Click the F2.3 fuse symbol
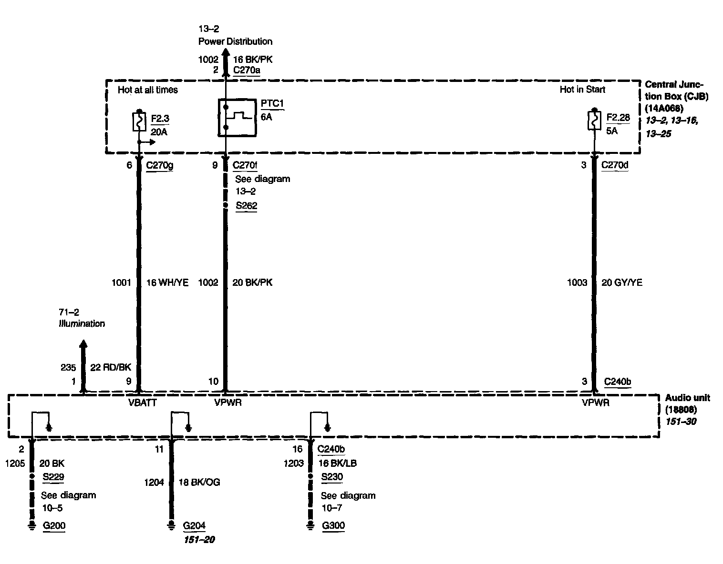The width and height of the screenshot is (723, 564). coord(139,122)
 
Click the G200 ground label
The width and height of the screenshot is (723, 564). coord(54,526)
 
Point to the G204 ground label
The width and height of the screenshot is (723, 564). coord(194,526)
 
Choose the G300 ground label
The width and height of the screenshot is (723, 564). coord(333,526)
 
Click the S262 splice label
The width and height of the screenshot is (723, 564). coord(246,206)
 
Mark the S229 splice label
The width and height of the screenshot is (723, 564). coord(53,476)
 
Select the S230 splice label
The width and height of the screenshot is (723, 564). coord(332,476)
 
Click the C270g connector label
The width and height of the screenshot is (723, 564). coord(159,165)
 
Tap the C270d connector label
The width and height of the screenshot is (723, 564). coord(615,165)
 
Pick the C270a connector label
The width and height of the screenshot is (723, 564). coord(247,70)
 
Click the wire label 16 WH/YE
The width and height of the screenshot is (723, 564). coord(167,282)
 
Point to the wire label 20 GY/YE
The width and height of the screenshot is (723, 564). coord(622,282)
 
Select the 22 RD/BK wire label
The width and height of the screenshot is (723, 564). coord(111,367)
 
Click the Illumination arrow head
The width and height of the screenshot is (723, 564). coord(83,344)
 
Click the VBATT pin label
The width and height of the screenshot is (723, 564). coord(143,403)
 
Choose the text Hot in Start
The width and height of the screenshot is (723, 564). coord(582,90)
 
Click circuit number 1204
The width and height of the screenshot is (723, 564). coord(154,483)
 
